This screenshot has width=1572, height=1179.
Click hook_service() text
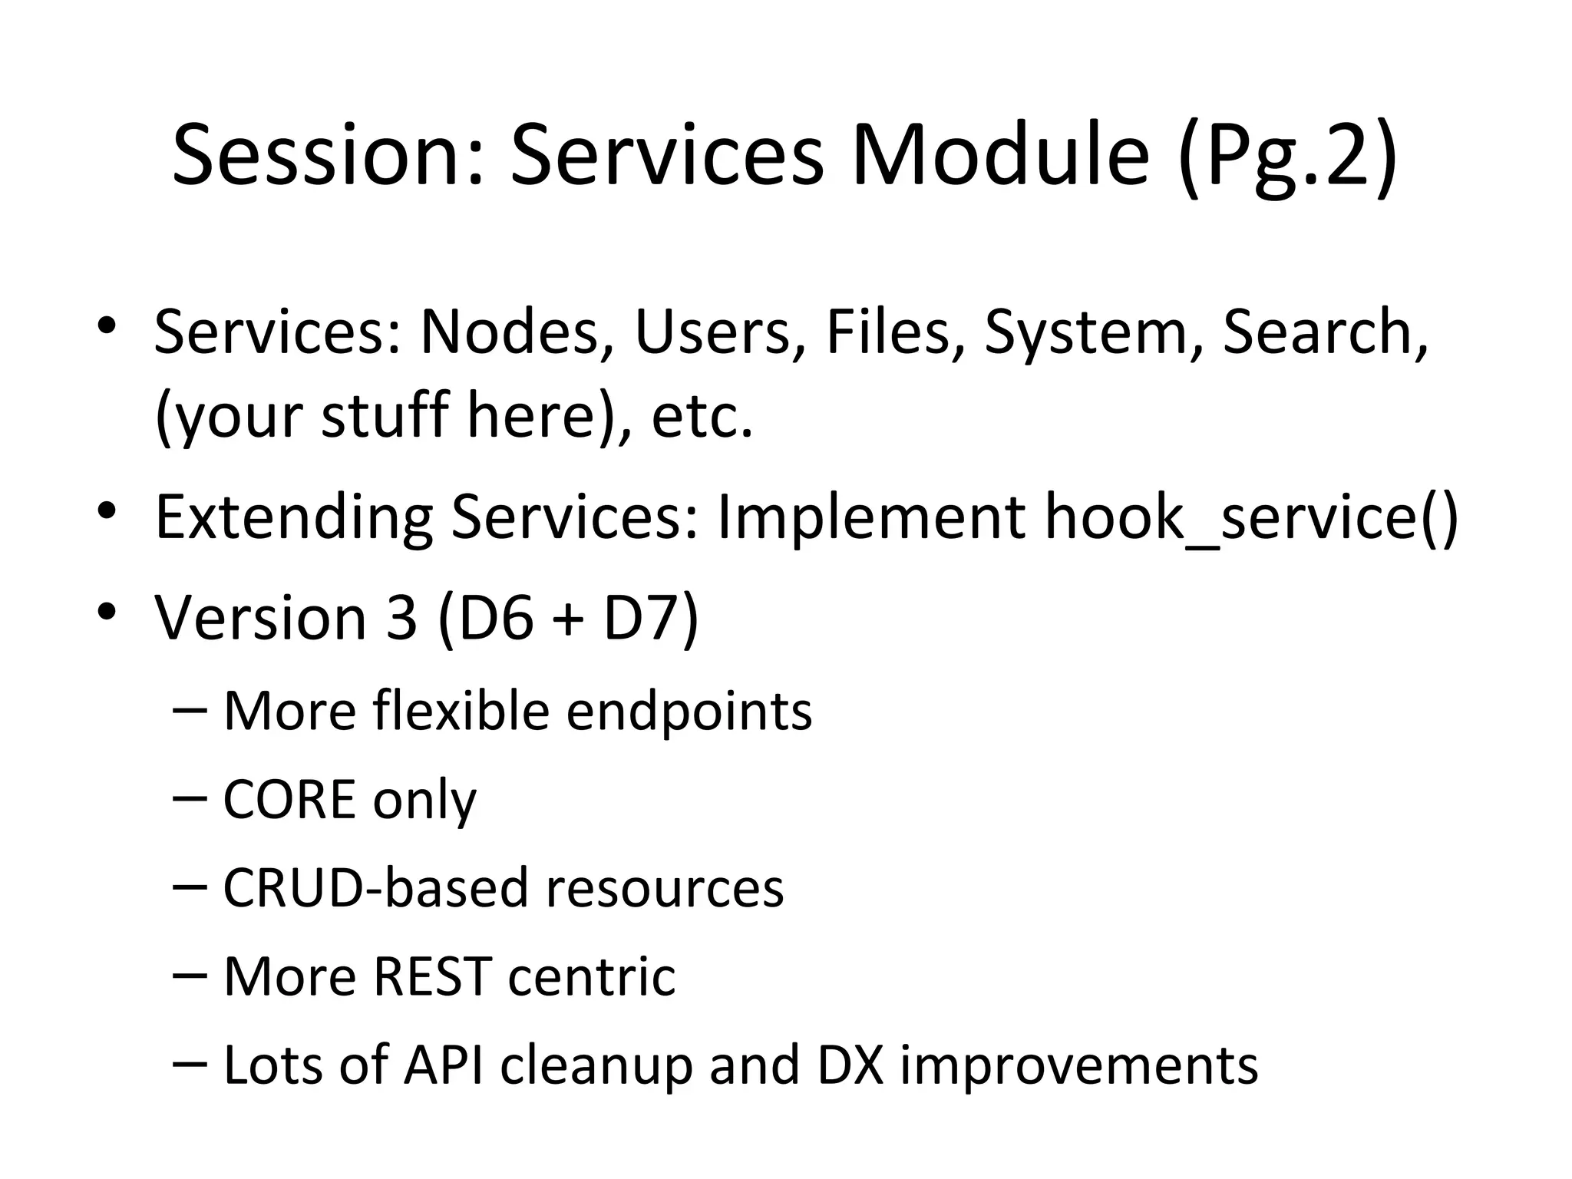tap(1251, 518)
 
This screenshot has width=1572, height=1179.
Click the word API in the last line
tap(444, 1065)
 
